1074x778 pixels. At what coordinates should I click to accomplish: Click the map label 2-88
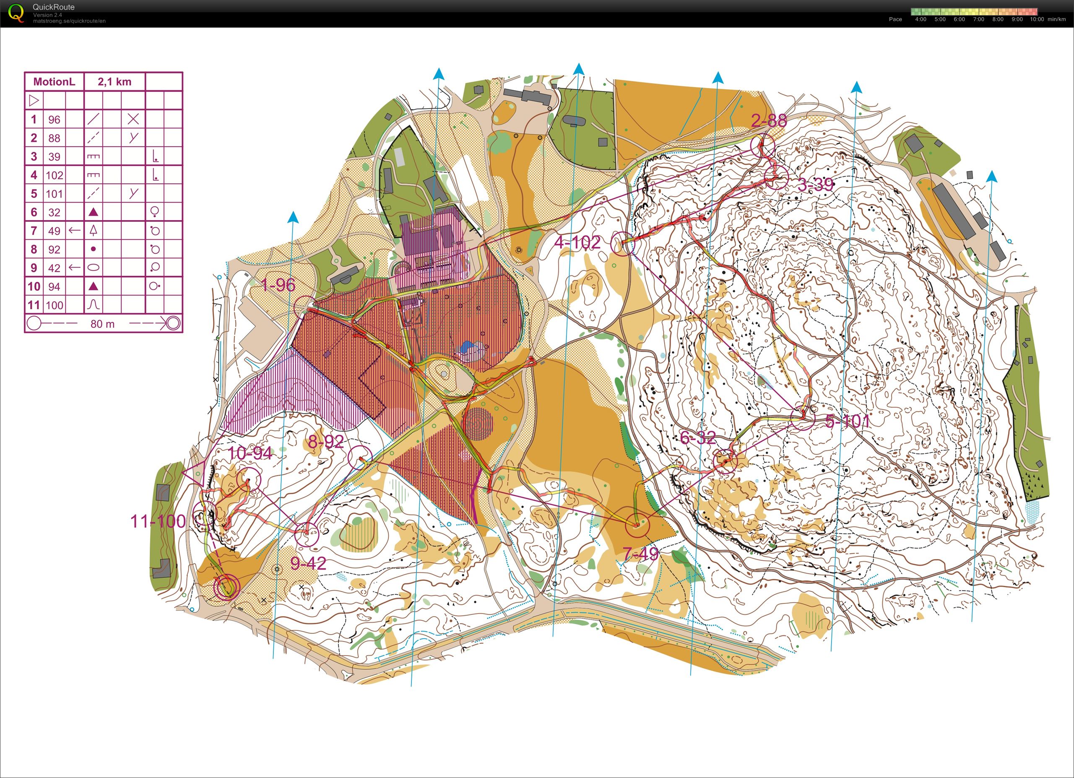[x=769, y=121]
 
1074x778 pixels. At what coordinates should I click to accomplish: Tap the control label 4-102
[x=577, y=243]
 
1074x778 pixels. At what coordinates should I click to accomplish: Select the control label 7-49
[x=640, y=553]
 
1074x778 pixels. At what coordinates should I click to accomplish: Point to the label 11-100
[x=158, y=521]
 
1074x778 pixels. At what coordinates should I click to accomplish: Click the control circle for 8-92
[x=360, y=458]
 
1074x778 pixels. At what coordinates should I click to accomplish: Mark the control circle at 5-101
[x=803, y=418]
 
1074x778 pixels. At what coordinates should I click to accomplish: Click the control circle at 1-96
[x=305, y=308]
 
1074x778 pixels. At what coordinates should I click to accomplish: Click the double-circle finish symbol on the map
[x=226, y=587]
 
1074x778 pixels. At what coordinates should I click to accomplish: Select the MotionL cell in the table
[x=54, y=81]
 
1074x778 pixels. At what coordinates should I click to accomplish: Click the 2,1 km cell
[x=114, y=81]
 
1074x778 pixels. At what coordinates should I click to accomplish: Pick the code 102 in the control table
[x=55, y=175]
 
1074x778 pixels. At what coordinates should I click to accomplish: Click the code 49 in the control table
[x=55, y=231]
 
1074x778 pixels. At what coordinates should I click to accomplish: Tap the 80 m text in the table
[x=102, y=324]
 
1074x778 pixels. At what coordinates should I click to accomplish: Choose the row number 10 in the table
[x=34, y=286]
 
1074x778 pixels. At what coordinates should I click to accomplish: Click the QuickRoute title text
[x=54, y=7]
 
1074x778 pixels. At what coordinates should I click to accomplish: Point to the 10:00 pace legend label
[x=1037, y=19]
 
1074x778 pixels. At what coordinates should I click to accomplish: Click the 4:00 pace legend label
[x=921, y=19]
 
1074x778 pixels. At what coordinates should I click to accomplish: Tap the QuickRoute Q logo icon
[x=16, y=13]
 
